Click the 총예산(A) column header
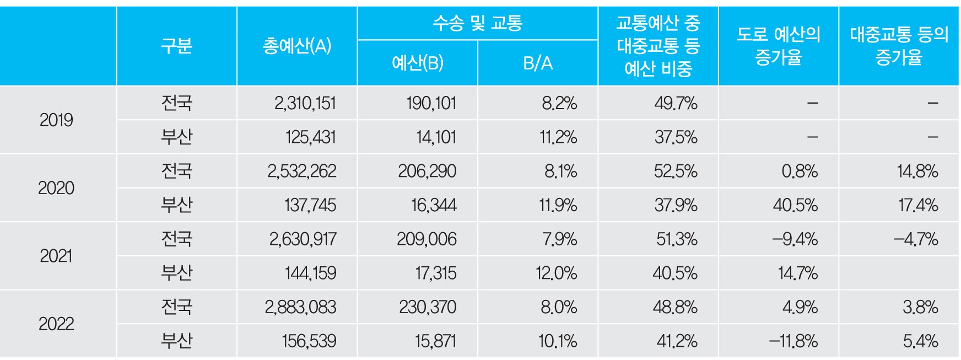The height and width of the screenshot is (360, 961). point(297,46)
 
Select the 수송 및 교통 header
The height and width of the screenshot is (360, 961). point(477,23)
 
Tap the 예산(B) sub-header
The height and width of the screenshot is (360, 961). point(417,63)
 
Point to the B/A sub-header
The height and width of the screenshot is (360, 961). point(538,63)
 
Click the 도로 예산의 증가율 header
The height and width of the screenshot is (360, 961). point(778,46)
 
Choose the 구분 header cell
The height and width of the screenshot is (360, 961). point(176,46)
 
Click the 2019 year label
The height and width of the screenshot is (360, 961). point(56,120)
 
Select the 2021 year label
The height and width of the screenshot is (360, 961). point(56,256)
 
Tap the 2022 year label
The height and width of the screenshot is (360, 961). point(56,324)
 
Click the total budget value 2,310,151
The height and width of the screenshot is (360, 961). point(305,103)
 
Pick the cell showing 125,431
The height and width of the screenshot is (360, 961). point(311,137)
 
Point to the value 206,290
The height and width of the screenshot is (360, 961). point(427,171)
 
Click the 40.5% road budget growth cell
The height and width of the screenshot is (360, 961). point(795,205)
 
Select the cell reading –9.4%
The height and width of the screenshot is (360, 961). point(795,239)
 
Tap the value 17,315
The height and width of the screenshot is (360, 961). point(436,273)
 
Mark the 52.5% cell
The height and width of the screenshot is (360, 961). point(676,171)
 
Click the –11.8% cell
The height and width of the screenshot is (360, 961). point(793,341)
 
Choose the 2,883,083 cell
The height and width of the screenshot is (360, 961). point(300,307)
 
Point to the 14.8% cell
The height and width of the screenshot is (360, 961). point(917,171)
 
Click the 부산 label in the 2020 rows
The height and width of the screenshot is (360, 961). point(176,205)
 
